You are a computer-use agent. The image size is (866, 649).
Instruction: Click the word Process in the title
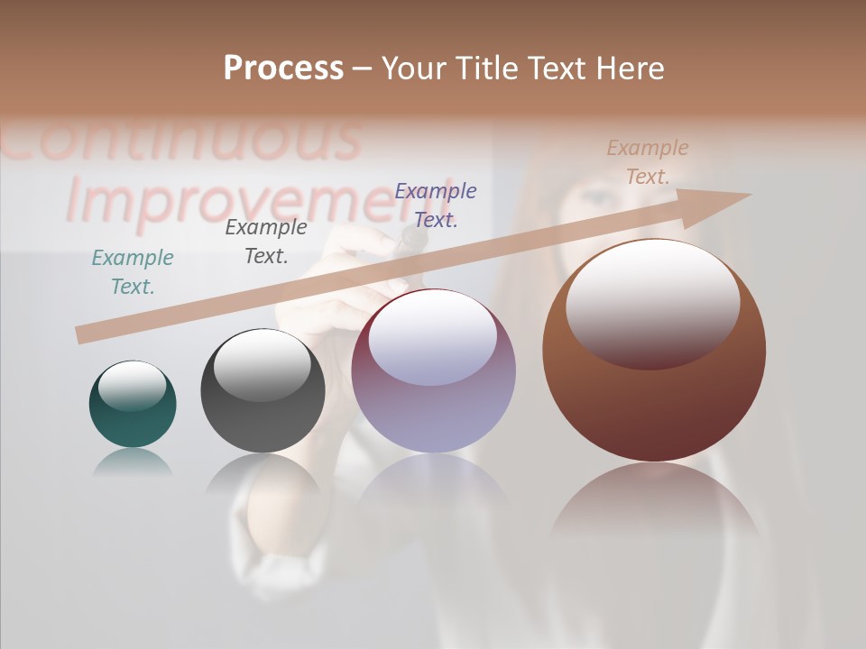283,69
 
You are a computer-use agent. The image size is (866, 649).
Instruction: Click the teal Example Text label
133,272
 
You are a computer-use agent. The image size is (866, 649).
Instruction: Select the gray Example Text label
266,242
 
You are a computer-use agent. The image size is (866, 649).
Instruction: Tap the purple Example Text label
436,205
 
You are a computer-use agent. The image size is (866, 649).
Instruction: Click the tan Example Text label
648,162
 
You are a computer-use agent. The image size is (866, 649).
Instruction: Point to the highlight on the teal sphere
133,385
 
